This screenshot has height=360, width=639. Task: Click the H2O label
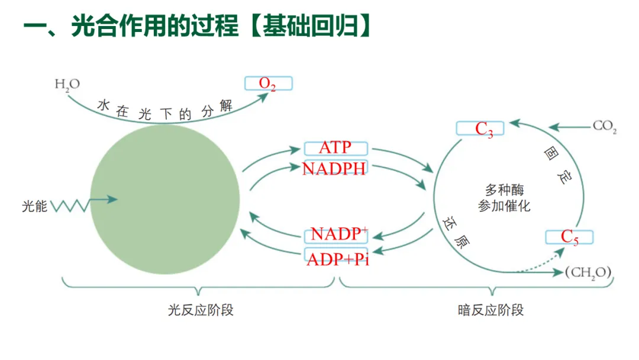pyautogui.click(x=66, y=85)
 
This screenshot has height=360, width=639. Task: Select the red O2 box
pyautogui.click(x=268, y=83)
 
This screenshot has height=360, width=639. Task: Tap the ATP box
pyautogui.click(x=335, y=147)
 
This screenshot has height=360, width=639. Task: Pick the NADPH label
pyautogui.click(x=334, y=168)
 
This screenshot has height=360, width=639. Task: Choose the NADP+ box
pyautogui.click(x=335, y=234)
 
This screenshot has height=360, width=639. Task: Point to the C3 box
pyautogui.click(x=480, y=128)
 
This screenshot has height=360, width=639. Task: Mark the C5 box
pyautogui.click(x=569, y=237)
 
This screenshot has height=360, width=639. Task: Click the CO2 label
pyautogui.click(x=604, y=127)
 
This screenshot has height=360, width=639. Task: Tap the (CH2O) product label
pyautogui.click(x=589, y=272)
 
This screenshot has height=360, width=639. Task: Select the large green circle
pyautogui.click(x=165, y=199)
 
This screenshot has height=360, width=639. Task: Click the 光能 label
pyautogui.click(x=34, y=207)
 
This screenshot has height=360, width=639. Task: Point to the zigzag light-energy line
pyautogui.click(x=70, y=205)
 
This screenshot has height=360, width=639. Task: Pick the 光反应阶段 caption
pyautogui.click(x=201, y=310)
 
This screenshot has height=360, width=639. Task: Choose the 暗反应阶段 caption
pyautogui.click(x=490, y=310)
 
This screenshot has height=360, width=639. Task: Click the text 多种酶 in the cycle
pyautogui.click(x=504, y=190)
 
